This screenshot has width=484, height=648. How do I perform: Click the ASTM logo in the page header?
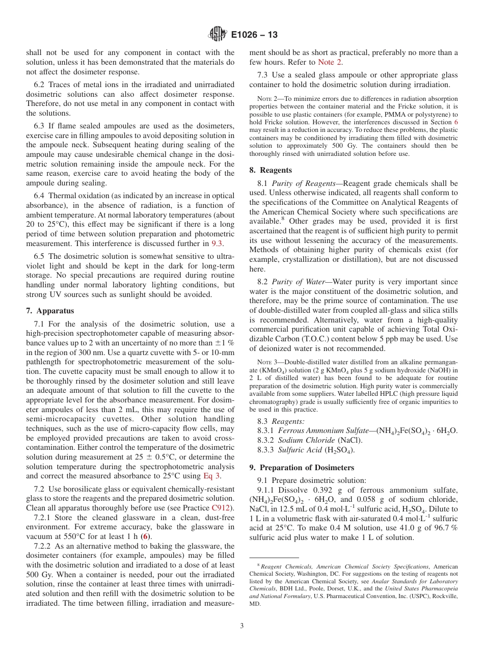[218, 35]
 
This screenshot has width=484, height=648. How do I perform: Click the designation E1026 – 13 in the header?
[254, 35]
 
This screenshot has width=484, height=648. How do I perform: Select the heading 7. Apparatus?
[49, 311]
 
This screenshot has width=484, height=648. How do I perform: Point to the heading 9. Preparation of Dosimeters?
[302, 468]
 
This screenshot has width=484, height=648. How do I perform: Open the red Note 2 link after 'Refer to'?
[330, 62]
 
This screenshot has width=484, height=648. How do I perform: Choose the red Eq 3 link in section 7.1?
[211, 476]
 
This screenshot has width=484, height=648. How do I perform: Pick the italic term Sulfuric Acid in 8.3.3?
[300, 450]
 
